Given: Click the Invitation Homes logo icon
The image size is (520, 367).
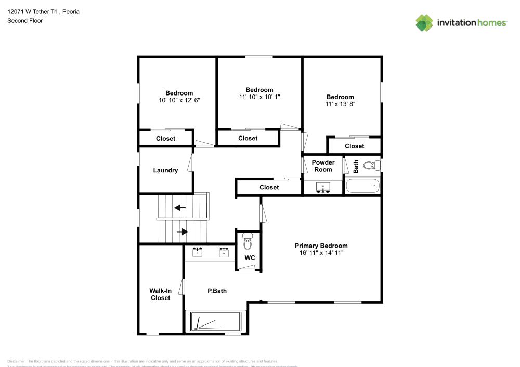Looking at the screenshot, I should [424, 22].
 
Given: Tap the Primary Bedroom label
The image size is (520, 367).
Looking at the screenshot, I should [321, 246].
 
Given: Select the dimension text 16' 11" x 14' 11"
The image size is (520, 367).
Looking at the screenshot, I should [321, 253].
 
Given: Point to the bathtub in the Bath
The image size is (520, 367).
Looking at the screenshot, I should [363, 185].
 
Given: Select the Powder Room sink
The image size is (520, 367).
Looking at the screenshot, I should [323, 187].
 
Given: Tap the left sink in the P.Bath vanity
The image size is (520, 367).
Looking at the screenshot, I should [198, 253].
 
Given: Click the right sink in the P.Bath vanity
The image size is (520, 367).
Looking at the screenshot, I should [224, 253].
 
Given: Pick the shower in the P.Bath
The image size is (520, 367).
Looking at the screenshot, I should [215, 321].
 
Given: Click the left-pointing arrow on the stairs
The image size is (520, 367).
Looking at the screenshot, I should [180, 208].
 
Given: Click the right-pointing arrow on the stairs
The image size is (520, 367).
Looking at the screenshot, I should [183, 232].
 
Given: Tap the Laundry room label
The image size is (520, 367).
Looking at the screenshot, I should [165, 170].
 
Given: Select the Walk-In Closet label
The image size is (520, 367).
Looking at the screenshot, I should [160, 294].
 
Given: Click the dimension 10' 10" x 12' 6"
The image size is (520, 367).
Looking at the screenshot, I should [179, 100].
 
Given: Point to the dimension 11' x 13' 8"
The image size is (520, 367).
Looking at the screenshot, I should [340, 104].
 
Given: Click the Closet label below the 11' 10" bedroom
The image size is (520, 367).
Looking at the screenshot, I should [248, 138].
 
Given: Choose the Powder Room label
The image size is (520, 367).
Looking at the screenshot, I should [323, 166].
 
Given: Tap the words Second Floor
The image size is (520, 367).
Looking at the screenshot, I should [25, 21].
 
